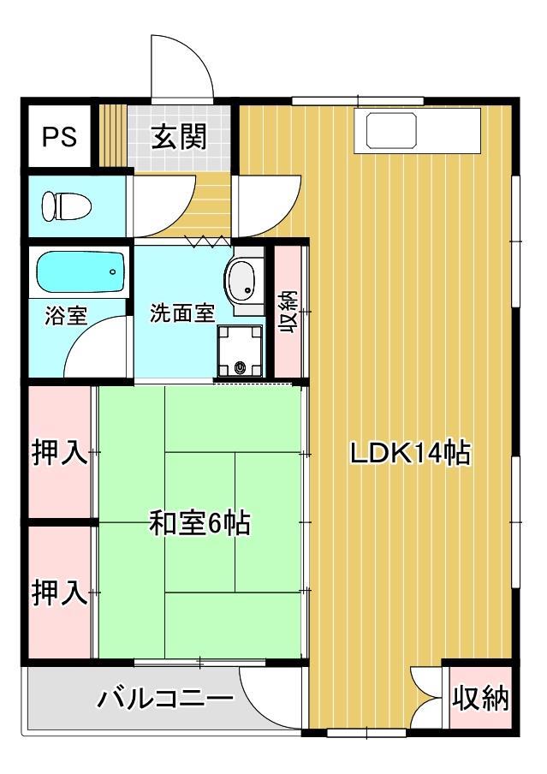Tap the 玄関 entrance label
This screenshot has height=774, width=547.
[179, 137]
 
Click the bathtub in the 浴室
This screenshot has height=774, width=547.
[80, 272]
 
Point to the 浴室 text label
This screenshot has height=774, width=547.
[66, 314]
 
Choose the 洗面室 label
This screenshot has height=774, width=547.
[181, 313]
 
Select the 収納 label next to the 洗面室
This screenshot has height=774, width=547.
[288, 312]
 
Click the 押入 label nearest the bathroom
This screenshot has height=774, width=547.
[60, 453]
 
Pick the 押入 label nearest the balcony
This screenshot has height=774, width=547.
[60, 592]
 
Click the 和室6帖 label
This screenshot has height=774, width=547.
[199, 522]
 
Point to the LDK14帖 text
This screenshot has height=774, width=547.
[410, 453]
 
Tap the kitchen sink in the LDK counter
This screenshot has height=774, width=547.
[391, 131]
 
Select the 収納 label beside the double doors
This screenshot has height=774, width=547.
[480, 698]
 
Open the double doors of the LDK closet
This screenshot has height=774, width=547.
[425, 697]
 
